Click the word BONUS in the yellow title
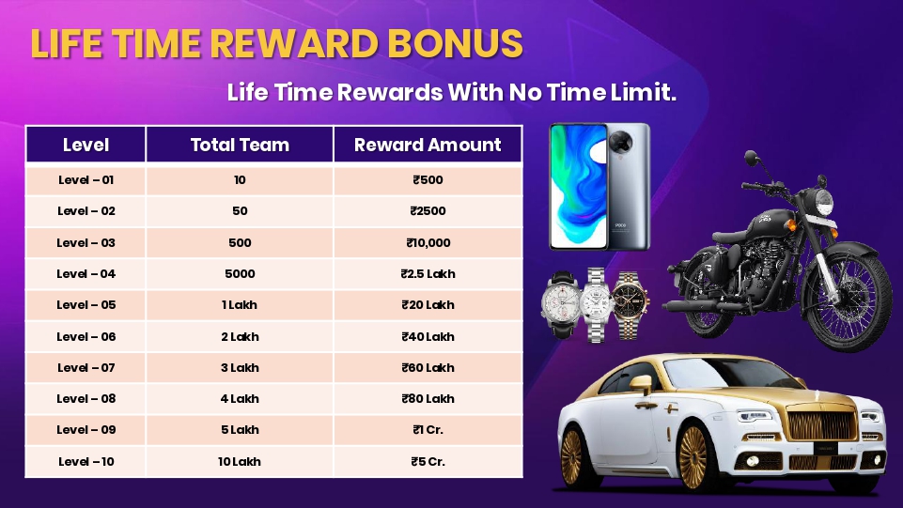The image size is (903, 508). [x=455, y=43]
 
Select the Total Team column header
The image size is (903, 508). [x=240, y=145]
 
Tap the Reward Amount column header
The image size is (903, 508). [x=428, y=145]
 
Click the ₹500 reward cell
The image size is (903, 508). [x=428, y=180]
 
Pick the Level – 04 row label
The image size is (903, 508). [x=86, y=274]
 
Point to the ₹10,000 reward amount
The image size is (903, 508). [x=428, y=243]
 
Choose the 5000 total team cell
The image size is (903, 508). [x=240, y=274]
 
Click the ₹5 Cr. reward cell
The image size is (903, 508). [x=428, y=461]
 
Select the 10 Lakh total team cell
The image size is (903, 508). [x=239, y=461]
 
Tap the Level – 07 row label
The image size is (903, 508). [x=86, y=368]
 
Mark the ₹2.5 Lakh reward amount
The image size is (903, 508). [x=428, y=274]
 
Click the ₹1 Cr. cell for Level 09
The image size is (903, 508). [x=428, y=430]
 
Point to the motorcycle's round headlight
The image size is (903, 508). [x=824, y=202]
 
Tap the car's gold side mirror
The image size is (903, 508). [x=641, y=384]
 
